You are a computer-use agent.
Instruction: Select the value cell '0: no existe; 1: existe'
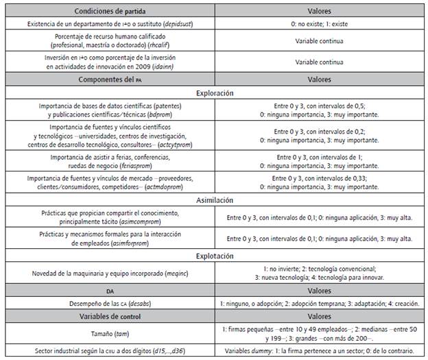320,25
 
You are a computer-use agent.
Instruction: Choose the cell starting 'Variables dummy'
320,351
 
